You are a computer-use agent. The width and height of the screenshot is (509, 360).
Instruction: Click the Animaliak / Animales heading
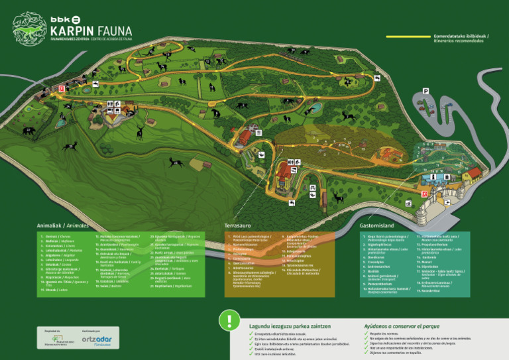point(62,225)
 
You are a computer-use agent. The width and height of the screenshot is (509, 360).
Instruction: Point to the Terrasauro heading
point(241,225)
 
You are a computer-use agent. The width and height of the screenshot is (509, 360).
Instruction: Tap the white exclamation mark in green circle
point(229,320)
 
